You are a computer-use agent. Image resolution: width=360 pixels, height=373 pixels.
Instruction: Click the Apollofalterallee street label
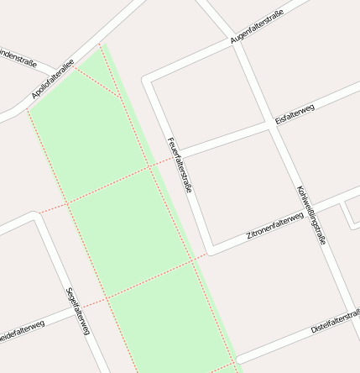tap(53, 78)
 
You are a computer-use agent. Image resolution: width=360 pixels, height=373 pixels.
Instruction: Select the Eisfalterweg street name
tap(294, 115)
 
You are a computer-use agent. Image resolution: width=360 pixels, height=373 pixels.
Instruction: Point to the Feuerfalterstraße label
tap(180, 165)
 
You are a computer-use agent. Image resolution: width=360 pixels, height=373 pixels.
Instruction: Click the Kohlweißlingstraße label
tap(310, 214)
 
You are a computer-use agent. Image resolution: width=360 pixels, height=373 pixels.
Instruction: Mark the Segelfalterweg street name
tap(77, 312)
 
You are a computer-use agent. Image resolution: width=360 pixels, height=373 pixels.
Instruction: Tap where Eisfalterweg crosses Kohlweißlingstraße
tap(270, 124)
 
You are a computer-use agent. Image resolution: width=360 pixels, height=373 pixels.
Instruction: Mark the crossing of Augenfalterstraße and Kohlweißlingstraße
tap(237, 45)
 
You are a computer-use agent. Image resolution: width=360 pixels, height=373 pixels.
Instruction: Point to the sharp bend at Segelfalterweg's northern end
tap(35, 217)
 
